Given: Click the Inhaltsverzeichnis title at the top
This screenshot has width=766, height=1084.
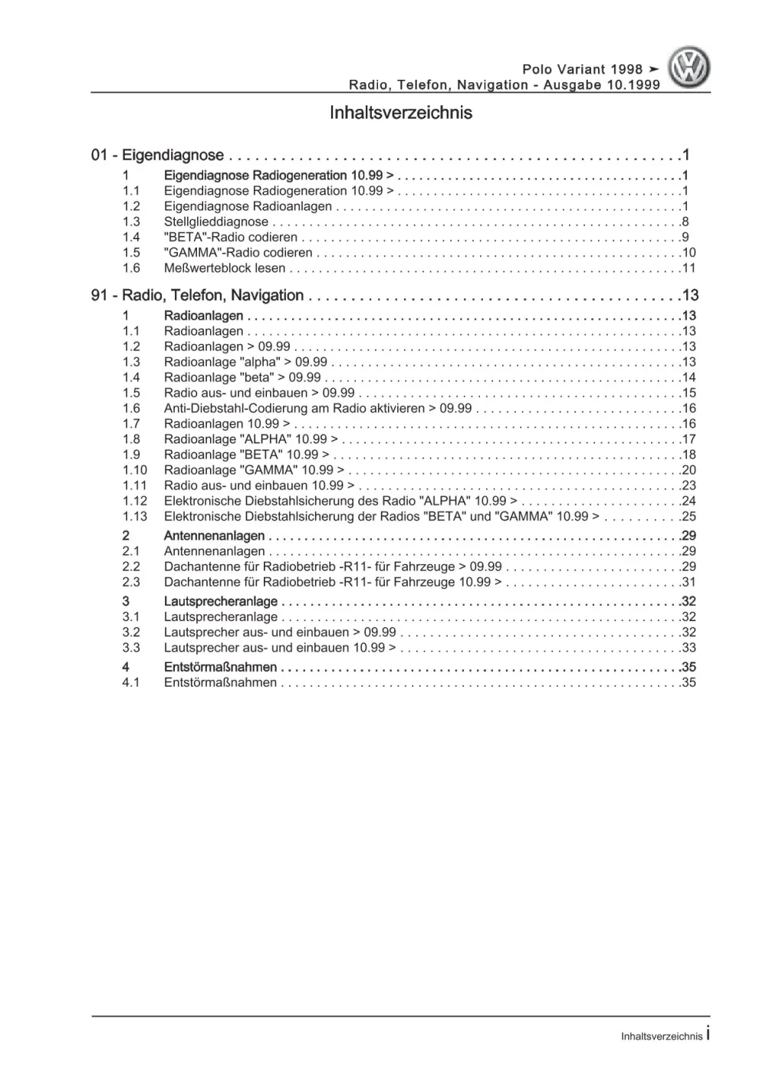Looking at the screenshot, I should click(400, 113).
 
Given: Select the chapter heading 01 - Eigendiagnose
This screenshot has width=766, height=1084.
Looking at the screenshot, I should click(157, 156).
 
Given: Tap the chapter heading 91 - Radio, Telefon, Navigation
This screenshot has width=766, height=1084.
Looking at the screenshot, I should click(197, 295).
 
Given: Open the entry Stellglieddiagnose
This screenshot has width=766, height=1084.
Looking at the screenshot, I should click(216, 222).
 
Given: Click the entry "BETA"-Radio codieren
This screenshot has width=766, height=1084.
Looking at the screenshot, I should click(230, 237).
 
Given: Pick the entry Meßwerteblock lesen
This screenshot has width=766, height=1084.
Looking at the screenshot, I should click(225, 268).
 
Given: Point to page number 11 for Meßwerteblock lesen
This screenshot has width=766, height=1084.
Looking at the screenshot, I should click(689, 268).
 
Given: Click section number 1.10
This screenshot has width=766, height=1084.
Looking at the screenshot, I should click(134, 470).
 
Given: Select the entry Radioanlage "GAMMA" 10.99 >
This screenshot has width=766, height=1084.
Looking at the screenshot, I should click(254, 470).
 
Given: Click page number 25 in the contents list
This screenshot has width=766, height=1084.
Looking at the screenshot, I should click(689, 516).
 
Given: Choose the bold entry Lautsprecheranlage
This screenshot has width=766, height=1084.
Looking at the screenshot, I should click(221, 601).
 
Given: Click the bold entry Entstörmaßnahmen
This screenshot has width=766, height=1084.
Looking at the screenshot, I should click(221, 667).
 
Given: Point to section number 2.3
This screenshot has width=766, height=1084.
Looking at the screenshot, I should click(131, 582).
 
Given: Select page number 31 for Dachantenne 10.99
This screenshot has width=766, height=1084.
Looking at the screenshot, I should click(689, 582).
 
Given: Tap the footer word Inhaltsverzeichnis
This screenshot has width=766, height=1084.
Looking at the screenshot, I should click(661, 1036).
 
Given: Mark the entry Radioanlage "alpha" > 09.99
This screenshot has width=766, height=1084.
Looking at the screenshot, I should click(245, 362).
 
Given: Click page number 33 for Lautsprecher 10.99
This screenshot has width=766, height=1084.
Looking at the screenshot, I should click(689, 648).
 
